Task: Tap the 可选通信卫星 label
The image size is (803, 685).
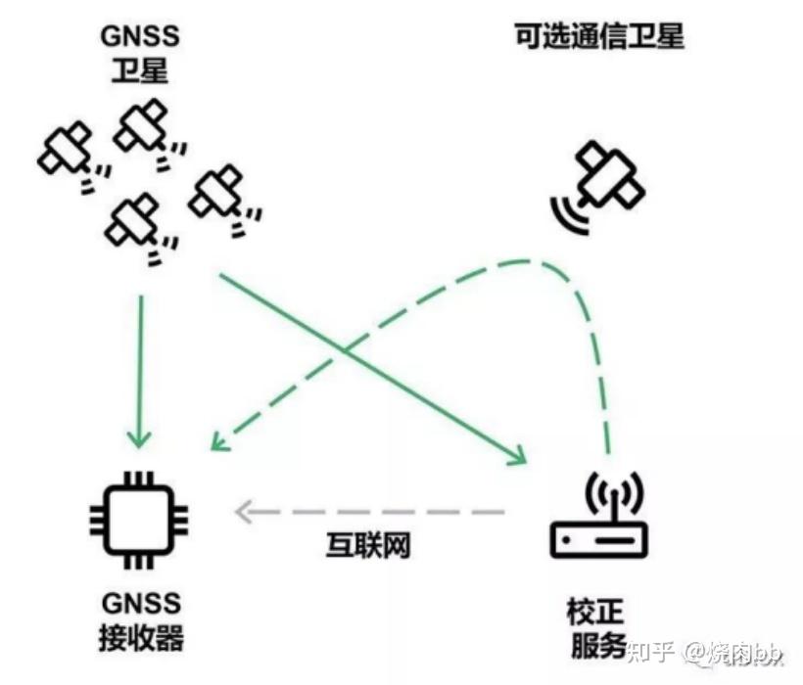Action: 598,37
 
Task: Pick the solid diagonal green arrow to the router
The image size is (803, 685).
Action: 372,370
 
